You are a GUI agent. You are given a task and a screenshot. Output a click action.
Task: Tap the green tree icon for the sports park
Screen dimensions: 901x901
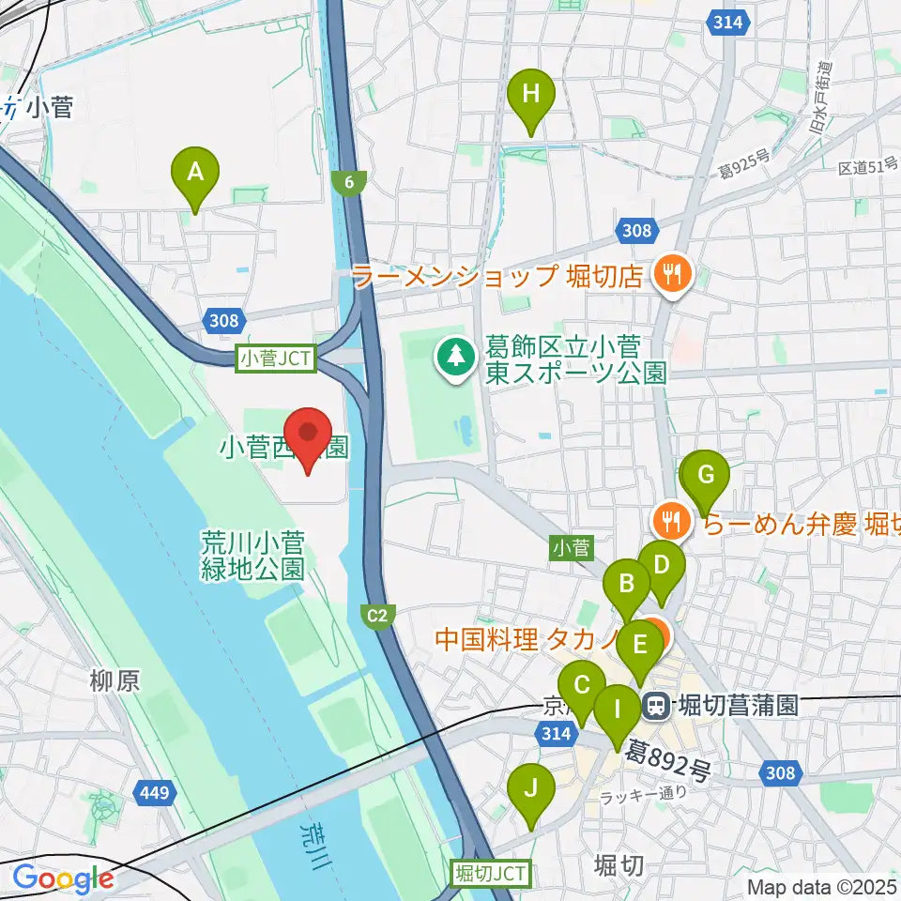click(x=456, y=356)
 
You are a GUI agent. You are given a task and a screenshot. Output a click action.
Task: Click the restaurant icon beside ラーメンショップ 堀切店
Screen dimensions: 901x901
click(x=671, y=274)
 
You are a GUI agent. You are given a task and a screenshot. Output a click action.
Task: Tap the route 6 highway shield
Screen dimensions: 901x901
click(x=349, y=183)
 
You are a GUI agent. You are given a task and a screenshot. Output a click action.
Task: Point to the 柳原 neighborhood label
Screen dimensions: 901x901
click(x=115, y=680)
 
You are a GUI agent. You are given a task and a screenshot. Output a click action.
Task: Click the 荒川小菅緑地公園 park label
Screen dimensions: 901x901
click(x=252, y=555)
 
